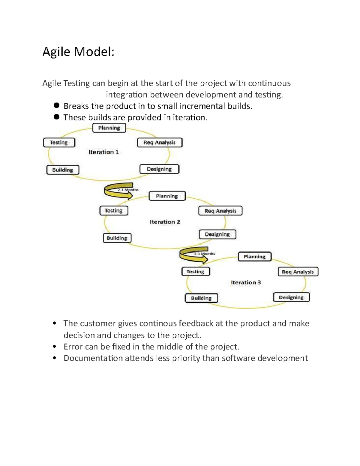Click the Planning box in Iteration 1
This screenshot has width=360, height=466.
pyautogui.click(x=109, y=128)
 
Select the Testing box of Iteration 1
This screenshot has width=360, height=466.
pyautogui.click(x=59, y=143)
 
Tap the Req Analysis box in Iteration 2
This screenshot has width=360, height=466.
pyautogui.click(x=220, y=211)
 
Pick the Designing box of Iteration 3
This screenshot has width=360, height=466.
pyautogui.click(x=291, y=297)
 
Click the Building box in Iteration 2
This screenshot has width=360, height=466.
pyautogui.click(x=117, y=238)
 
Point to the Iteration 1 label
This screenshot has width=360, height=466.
pyautogui.click(x=103, y=152)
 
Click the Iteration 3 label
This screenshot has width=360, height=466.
pyautogui.click(x=246, y=282)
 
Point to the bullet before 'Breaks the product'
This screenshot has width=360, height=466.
pyautogui.click(x=57, y=105)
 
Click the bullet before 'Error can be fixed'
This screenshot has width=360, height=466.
pyautogui.click(x=54, y=347)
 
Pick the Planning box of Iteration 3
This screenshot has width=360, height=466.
pyautogui.click(x=255, y=257)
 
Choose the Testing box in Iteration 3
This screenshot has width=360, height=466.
pyautogui.click(x=196, y=272)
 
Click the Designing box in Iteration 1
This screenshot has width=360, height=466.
pyautogui.click(x=159, y=169)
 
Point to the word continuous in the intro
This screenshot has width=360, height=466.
pyautogui.click(x=269, y=83)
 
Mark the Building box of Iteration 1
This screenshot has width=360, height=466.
pyautogui.click(x=63, y=170)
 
